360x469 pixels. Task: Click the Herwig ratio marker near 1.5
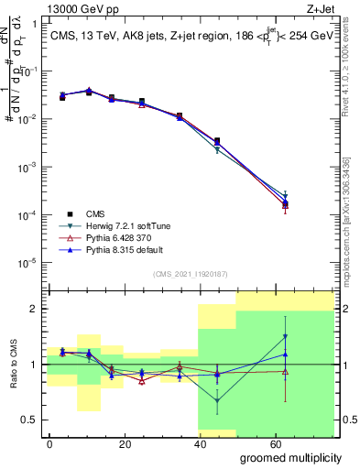coord(286,336)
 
